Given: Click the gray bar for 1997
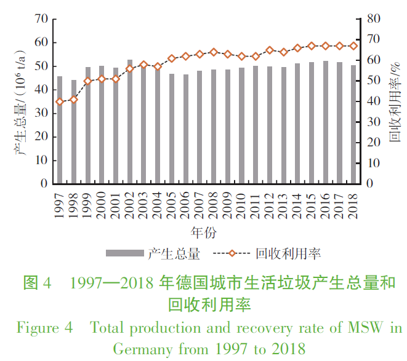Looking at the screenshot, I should click(x=60, y=130).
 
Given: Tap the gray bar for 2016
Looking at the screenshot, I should click(x=326, y=122).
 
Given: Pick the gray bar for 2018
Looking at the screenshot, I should click(x=353, y=124).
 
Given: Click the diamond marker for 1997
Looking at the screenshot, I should click(x=60, y=102).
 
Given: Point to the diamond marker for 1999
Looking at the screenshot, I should click(x=88, y=81).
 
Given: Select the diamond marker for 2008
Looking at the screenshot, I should click(x=214, y=52).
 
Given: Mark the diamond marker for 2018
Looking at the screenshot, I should click(x=353, y=46).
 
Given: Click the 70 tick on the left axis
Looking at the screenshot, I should click(x=41, y=19).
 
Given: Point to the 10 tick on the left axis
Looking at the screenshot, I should click(x=41, y=160).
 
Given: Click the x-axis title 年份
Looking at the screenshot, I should click(x=204, y=232).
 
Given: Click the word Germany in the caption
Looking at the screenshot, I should click(x=142, y=349).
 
